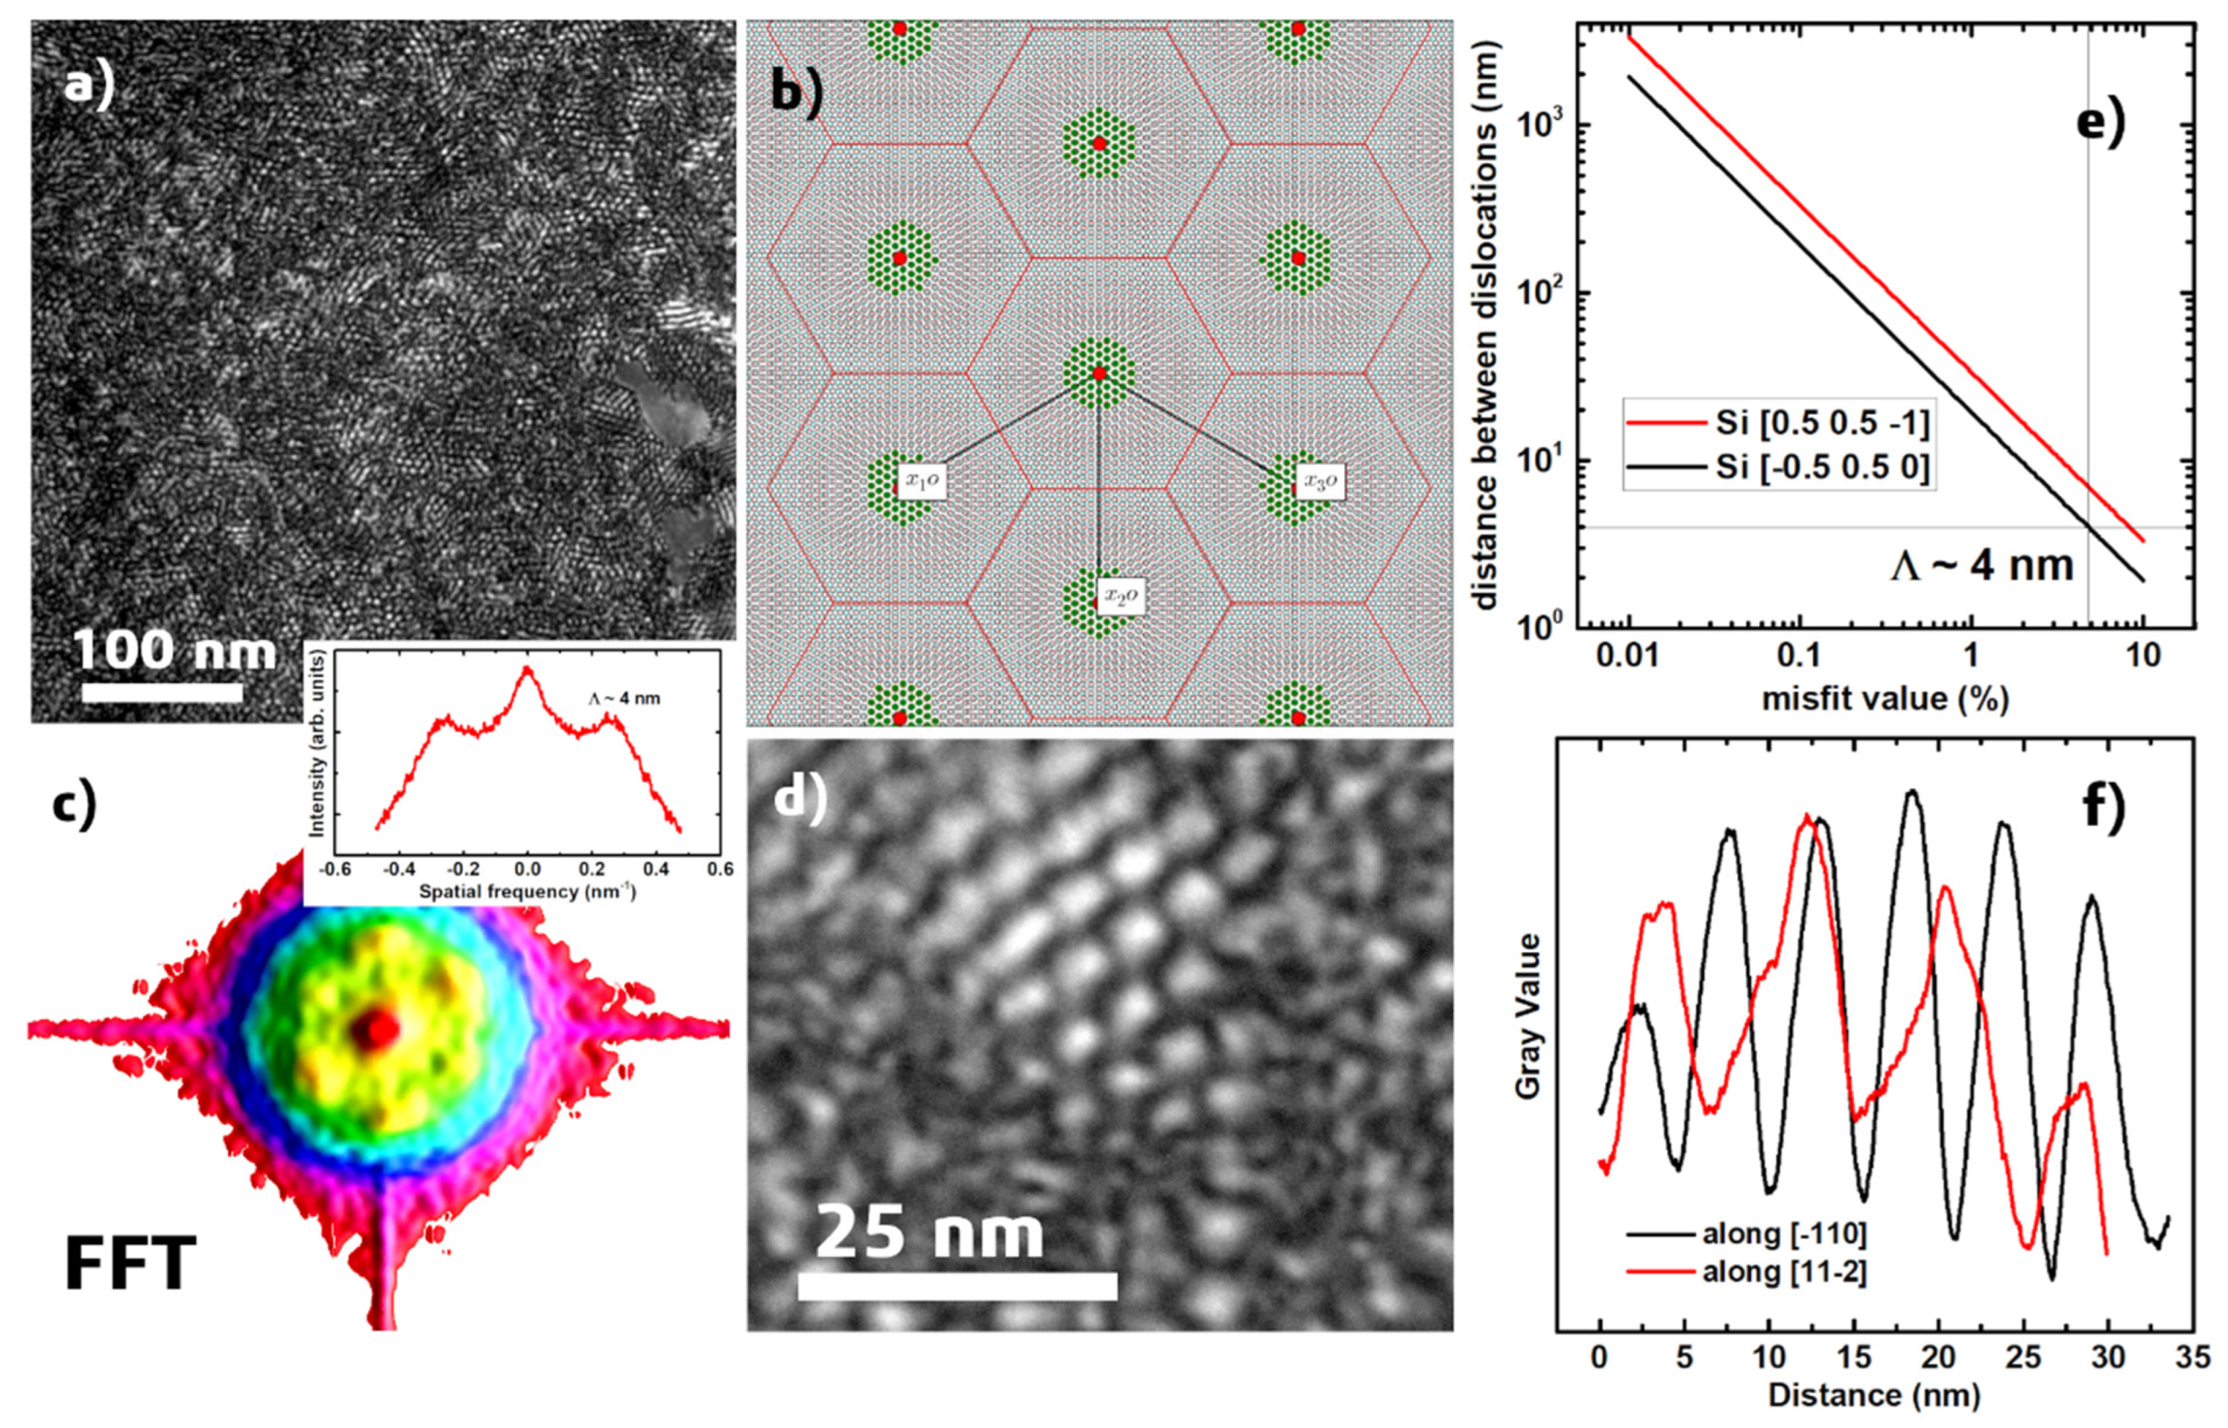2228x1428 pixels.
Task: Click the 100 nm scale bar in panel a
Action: (x=162, y=692)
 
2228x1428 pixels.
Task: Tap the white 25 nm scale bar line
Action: (x=957, y=1286)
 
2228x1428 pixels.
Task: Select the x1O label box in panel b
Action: (x=922, y=481)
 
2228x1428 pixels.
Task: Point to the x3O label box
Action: (x=1319, y=481)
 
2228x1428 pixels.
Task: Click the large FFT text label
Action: (x=130, y=1263)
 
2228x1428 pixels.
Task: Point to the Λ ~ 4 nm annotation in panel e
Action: (x=1981, y=565)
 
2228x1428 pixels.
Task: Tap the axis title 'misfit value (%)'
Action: (x=1885, y=698)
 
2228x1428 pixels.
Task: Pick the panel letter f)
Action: (x=2104, y=806)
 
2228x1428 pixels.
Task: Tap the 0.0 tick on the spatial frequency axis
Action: (x=527, y=869)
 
